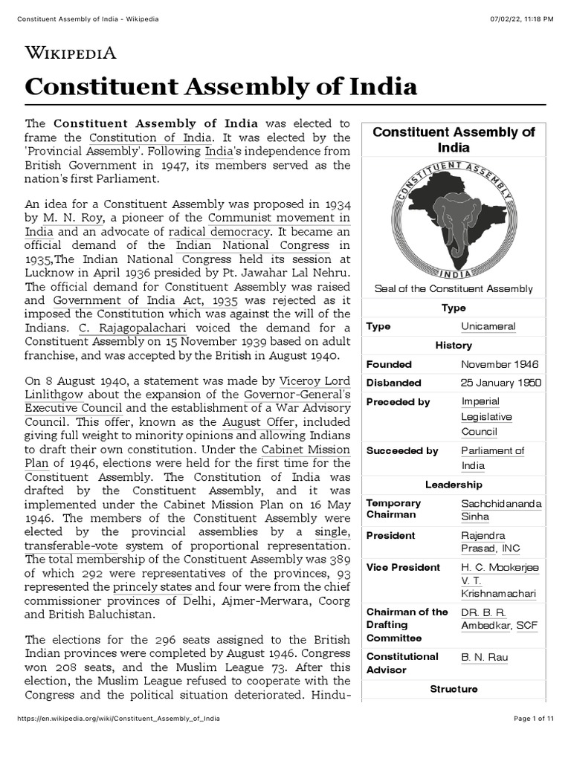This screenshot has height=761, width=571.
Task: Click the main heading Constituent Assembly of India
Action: [221, 86]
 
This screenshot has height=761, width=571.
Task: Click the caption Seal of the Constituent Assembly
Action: [454, 288]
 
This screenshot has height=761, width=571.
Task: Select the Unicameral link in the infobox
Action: [488, 326]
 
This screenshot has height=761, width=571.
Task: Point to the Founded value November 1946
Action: [500, 364]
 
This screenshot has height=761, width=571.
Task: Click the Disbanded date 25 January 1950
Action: [501, 383]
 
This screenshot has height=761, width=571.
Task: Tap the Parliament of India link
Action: [492, 458]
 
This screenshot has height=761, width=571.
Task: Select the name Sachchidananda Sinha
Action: [501, 511]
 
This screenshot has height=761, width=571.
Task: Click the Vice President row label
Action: [403, 567]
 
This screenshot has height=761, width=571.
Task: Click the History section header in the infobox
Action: [454, 346]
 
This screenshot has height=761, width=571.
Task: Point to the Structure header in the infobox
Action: [454, 689]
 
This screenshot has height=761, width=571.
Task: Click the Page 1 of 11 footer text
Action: [534, 719]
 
